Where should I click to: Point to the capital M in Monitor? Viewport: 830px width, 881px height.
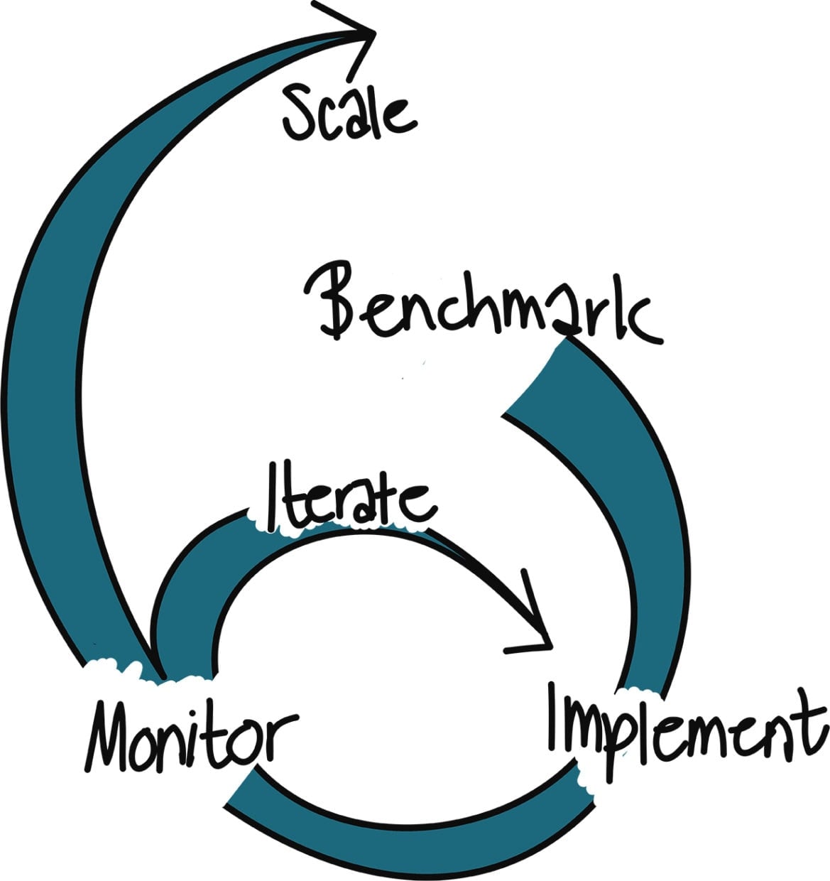(114, 732)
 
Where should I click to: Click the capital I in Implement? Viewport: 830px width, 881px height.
(557, 718)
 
